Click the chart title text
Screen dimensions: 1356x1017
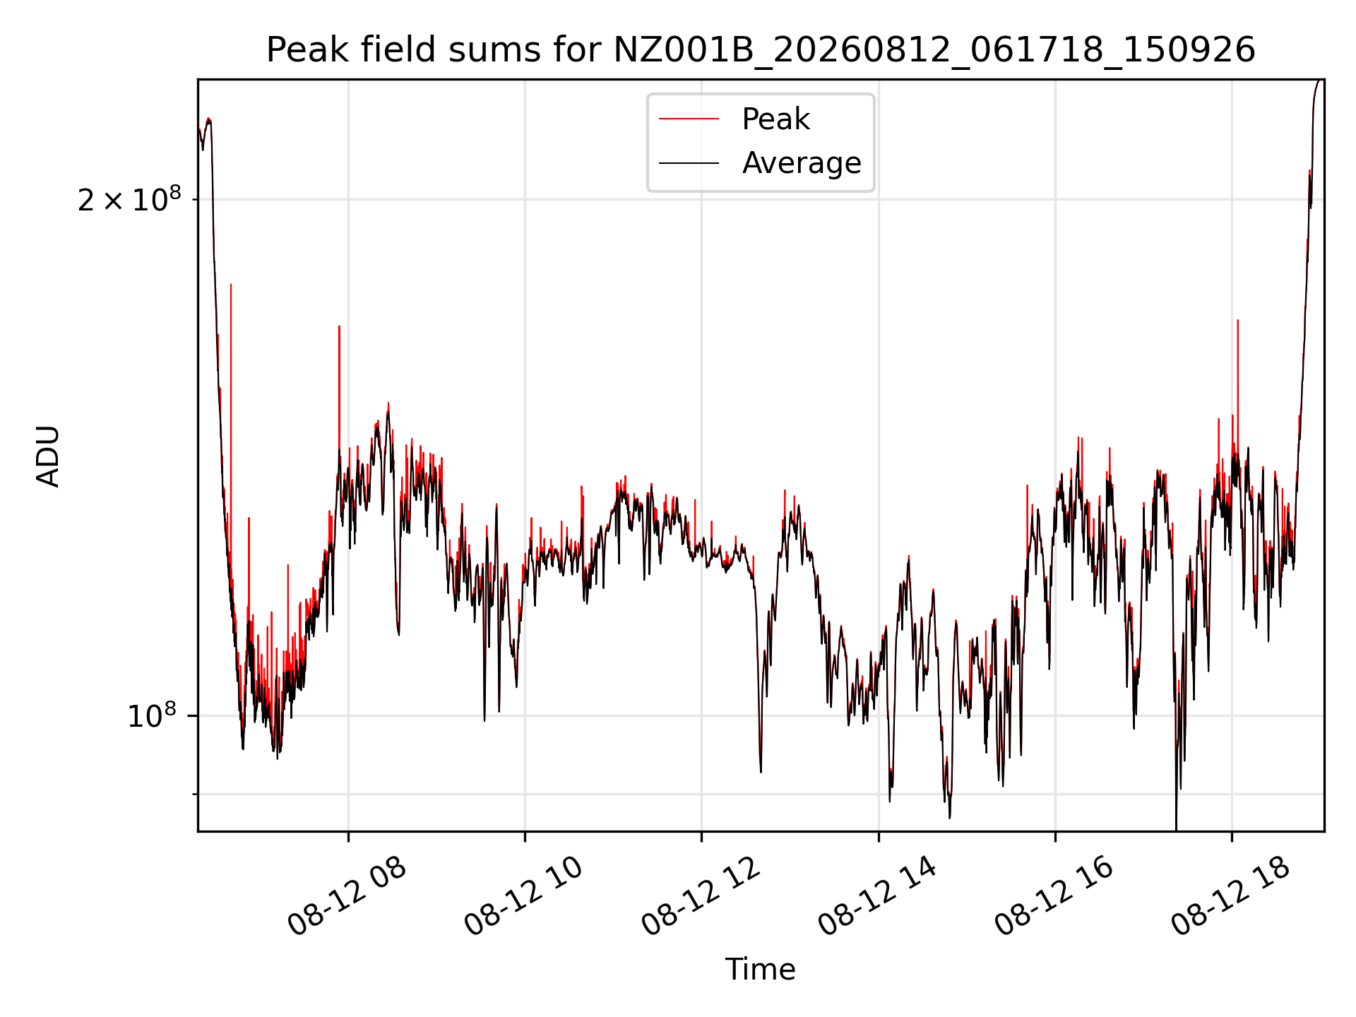point(761,50)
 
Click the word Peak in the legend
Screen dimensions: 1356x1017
point(775,119)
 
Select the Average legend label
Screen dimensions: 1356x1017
point(802,163)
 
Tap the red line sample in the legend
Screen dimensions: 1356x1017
point(689,119)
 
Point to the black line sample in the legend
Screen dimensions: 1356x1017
point(689,163)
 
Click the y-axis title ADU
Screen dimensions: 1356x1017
point(48,456)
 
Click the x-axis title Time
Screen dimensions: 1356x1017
point(761,970)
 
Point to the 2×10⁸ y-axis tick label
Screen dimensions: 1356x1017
point(129,200)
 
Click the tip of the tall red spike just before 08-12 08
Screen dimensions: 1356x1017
point(339,326)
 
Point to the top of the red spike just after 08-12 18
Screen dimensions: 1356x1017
point(1237,320)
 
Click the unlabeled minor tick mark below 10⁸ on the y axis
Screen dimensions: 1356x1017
point(195,795)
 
